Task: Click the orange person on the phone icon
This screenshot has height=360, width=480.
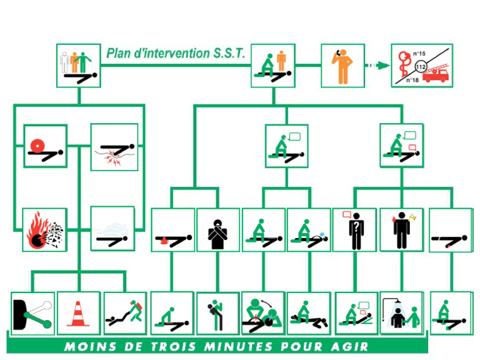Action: click(x=342, y=65)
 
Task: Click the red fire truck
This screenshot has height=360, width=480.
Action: click(x=436, y=76)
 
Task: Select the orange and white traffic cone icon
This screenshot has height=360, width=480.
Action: click(x=78, y=313)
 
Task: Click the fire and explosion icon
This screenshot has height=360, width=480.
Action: click(x=45, y=229)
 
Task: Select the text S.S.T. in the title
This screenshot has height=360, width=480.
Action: click(x=229, y=53)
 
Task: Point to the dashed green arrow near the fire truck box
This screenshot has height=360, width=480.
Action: click(x=375, y=66)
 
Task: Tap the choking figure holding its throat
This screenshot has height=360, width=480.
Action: click(x=217, y=229)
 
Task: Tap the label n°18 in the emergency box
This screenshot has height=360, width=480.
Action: click(x=413, y=79)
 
